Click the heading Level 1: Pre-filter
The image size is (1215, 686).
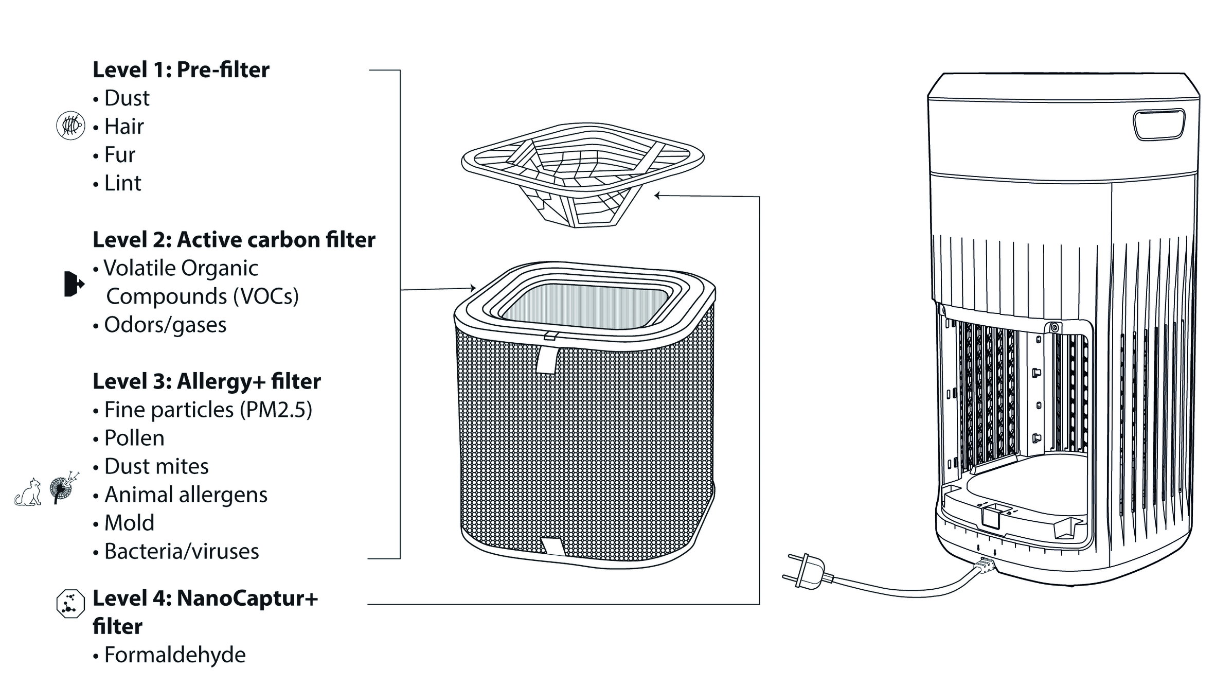coord(181,69)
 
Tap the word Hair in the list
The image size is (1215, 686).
coord(124,126)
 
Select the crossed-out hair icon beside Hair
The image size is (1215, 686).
coord(70,126)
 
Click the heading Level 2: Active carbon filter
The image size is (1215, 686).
coord(234,239)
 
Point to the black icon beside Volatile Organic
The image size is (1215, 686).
coord(74,284)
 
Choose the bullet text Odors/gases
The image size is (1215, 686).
coord(165,325)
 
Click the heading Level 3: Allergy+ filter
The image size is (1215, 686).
coord(207,381)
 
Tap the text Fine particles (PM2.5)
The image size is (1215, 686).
coord(208,410)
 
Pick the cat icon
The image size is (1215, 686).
coord(29,492)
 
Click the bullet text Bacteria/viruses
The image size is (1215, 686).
coord(182,551)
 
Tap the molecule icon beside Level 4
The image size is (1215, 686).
coord(70,604)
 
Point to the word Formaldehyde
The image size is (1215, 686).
coord(175,655)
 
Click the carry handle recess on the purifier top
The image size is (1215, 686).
coord(1159,125)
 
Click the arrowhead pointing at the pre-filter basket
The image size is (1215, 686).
coord(657,196)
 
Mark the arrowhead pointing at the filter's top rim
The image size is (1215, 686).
coord(473,288)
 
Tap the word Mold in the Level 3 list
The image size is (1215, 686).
coord(129,523)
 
